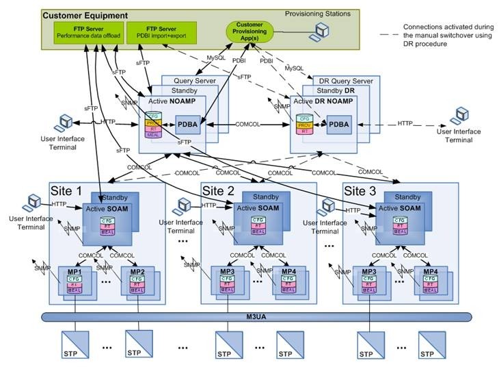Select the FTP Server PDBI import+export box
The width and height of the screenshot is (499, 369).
[161, 31]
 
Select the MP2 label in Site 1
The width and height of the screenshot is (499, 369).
[136, 271]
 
